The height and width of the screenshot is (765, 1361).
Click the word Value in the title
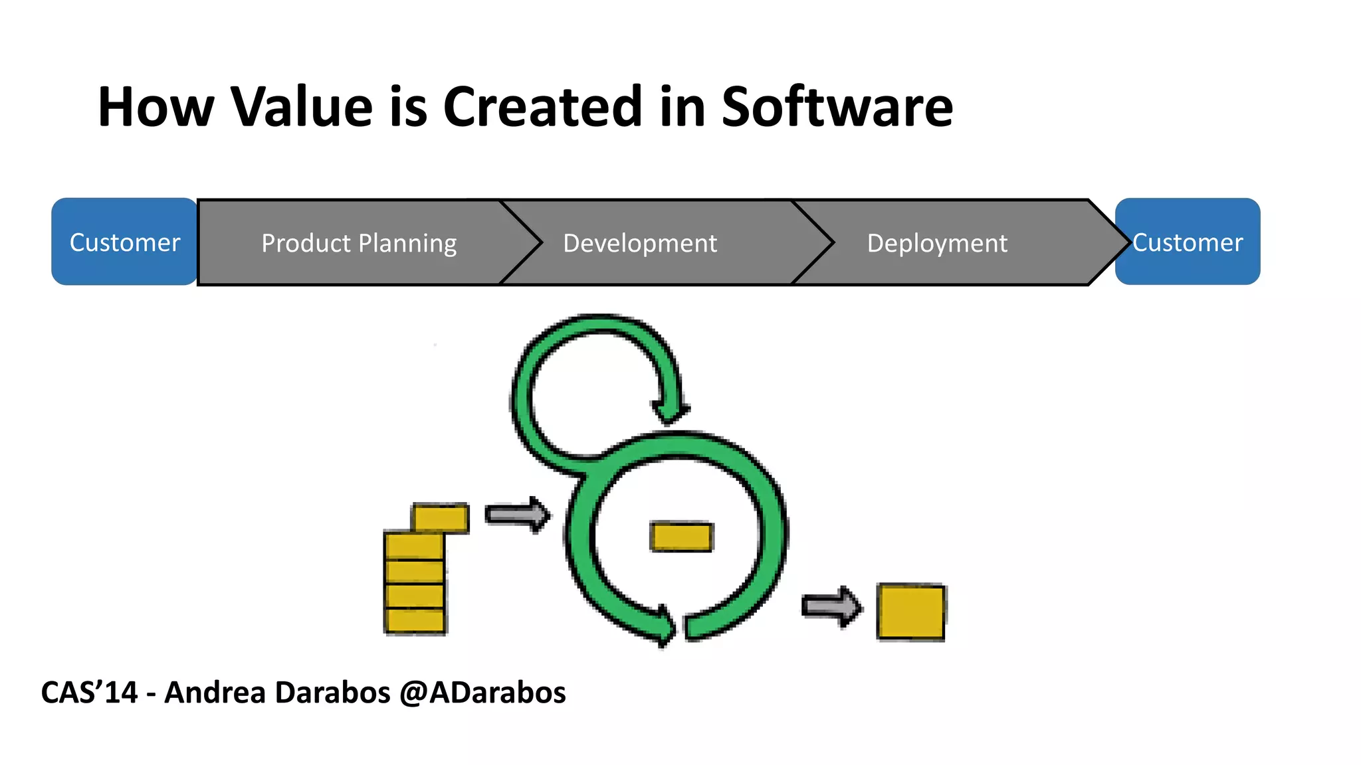click(x=302, y=107)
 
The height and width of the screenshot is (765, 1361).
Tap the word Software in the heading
click(x=837, y=107)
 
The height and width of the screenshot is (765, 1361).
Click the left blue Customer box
click(x=124, y=242)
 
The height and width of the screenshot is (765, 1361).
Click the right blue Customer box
click(x=1188, y=242)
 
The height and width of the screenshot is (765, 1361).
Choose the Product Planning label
click(x=359, y=244)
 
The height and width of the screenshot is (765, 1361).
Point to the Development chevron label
click(x=639, y=244)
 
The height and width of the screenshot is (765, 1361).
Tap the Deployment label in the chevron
click(x=936, y=244)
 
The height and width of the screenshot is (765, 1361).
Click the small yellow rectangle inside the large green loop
click(x=681, y=537)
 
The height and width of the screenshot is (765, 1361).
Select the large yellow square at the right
click(x=910, y=612)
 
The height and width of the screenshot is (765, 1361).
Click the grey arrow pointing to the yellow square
click(x=831, y=606)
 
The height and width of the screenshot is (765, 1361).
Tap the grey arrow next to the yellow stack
click(x=517, y=515)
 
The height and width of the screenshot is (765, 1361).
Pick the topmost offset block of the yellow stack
click(x=441, y=518)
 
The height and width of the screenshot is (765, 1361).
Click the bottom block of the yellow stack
click(x=415, y=621)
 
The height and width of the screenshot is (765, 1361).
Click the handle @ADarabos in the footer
click(x=482, y=693)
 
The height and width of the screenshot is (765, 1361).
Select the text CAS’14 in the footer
click(x=89, y=693)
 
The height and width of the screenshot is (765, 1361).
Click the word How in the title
click(x=156, y=107)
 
